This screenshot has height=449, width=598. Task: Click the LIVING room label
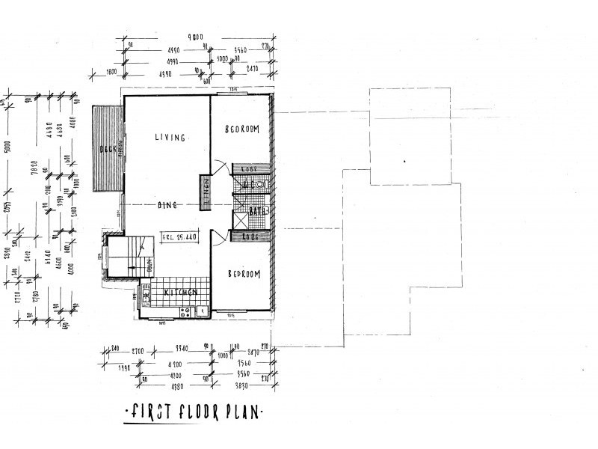(170, 137)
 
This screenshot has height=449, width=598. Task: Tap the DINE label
(166, 204)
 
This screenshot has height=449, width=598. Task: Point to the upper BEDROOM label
(242, 129)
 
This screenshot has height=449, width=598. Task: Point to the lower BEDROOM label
(242, 274)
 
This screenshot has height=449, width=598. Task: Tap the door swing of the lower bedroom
(219, 238)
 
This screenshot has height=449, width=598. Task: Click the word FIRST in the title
(147, 412)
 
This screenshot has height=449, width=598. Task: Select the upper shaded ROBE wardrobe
(245, 169)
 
